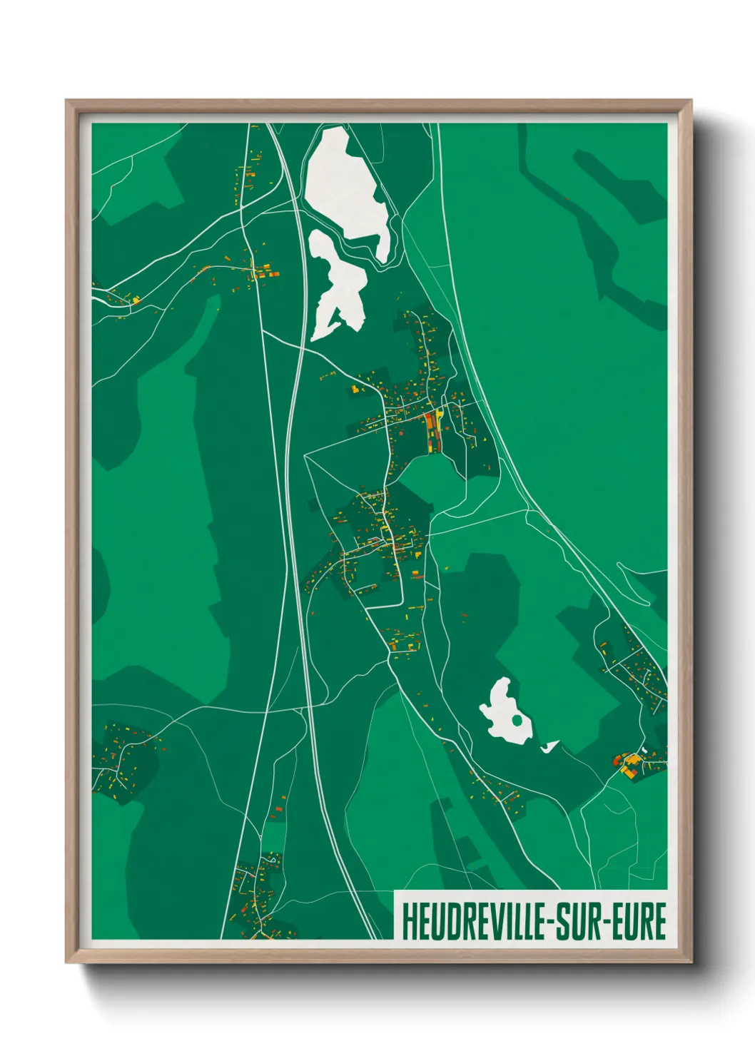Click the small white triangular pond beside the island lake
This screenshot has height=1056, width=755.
[549, 746]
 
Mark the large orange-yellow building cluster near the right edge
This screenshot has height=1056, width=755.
[629, 765]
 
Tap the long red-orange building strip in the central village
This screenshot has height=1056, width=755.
[430, 431]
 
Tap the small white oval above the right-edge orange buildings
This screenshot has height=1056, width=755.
[643, 750]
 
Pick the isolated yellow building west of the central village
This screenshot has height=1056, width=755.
[353, 389]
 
